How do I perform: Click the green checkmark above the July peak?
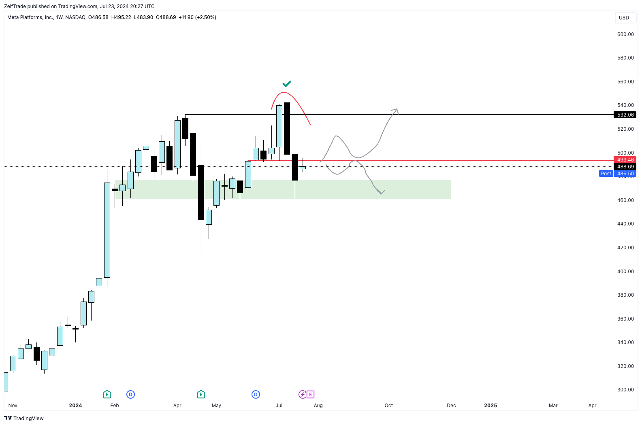coord(287,84)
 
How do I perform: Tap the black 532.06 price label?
coord(625,115)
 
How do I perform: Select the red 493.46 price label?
coord(625,160)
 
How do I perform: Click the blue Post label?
coord(606,174)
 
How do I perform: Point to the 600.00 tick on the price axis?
coord(625,34)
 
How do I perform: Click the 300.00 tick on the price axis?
coord(625,390)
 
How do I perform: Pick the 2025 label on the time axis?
coord(490,406)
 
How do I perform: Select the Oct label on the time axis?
coord(388,406)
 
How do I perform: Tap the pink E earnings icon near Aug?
coord(311,395)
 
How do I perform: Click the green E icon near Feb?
coord(107,395)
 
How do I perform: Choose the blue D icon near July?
coord(256,395)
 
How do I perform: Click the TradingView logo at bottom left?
coord(24,418)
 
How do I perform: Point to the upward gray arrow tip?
coord(397,110)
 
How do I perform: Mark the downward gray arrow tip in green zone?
coord(381,193)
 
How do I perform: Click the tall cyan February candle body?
coord(107,230)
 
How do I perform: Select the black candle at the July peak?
coord(287,128)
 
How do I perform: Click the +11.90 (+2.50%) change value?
coord(197,17)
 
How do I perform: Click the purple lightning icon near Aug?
coord(303,395)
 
